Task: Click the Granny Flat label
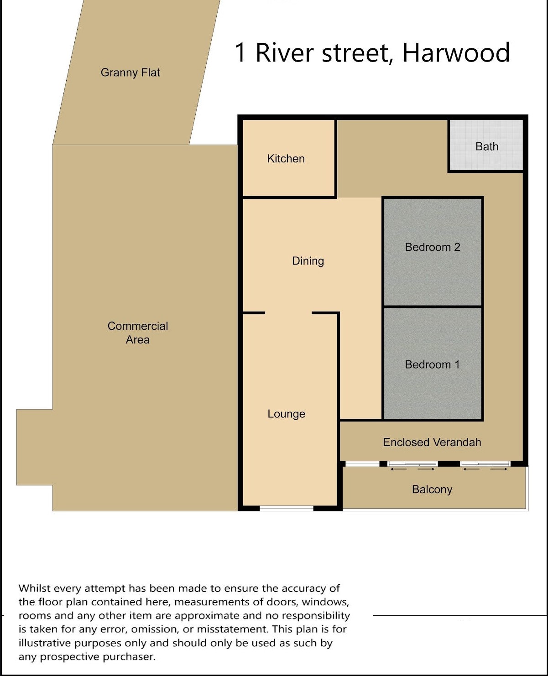[130, 73]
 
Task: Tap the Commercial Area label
[137, 333]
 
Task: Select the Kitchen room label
[286, 158]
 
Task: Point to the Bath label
[487, 146]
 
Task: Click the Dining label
[308, 261]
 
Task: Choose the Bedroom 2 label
[433, 247]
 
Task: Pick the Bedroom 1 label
[432, 364]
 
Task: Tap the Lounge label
[287, 414]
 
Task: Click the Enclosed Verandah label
[432, 442]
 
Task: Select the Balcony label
[432, 489]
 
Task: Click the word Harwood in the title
[456, 52]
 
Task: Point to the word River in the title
[285, 52]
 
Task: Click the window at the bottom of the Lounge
[287, 508]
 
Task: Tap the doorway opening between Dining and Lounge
[288, 313]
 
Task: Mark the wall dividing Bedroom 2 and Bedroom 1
[433, 307]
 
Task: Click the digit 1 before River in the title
[240, 52]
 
